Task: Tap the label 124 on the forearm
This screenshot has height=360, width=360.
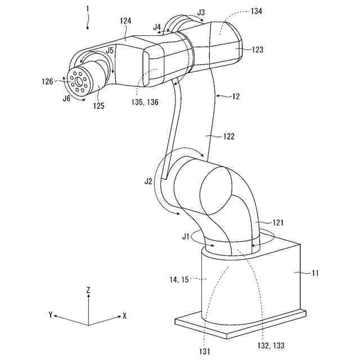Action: tap(125, 21)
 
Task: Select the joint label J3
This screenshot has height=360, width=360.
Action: tap(201, 11)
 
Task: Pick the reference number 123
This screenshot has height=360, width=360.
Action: tap(256, 49)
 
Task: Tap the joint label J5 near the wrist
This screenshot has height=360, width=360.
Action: tap(110, 51)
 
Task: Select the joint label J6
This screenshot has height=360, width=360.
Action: tap(67, 98)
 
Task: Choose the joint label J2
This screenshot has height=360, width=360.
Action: tap(149, 181)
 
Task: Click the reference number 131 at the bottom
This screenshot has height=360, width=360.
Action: tap(205, 352)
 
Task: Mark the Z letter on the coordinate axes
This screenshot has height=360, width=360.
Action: tap(88, 290)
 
